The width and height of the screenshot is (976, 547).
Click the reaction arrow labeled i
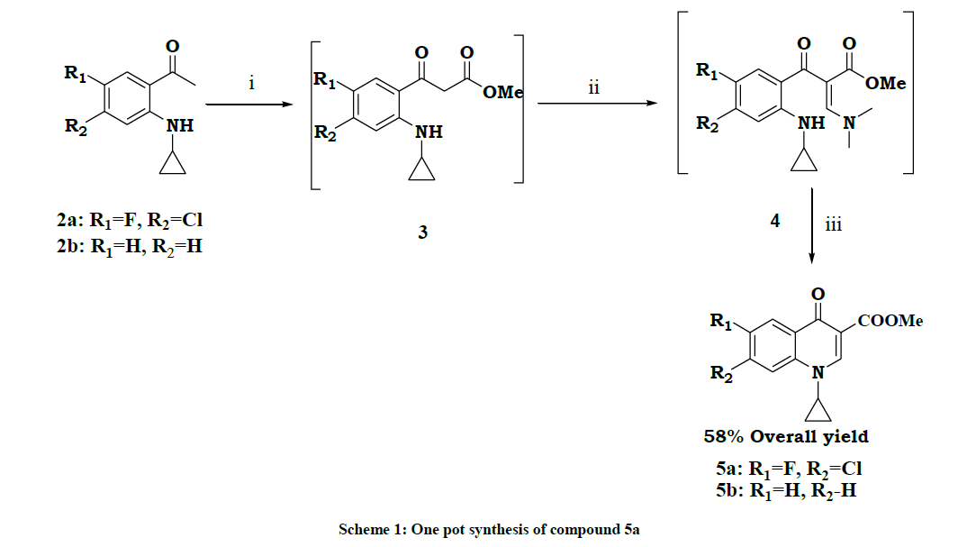click(249, 104)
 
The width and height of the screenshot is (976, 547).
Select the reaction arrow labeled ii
click(598, 103)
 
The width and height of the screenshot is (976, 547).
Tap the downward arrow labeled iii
click(811, 225)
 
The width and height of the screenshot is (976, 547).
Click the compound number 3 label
click(422, 232)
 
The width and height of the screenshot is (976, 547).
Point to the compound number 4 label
click(775, 221)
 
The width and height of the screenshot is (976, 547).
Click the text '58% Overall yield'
click(786, 436)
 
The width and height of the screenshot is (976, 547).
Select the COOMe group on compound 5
click(890, 320)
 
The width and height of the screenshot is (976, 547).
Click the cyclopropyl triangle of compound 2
click(173, 163)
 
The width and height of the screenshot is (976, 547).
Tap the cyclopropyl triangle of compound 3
click(422, 169)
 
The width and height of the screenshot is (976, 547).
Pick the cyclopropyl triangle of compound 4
click(804, 160)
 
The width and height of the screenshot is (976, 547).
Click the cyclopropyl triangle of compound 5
click(818, 410)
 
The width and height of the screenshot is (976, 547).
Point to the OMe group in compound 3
click(502, 92)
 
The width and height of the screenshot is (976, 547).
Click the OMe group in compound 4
click(885, 83)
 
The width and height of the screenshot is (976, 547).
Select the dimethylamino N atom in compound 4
click(849, 123)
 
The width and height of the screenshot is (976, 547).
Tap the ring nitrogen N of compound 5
click(818, 372)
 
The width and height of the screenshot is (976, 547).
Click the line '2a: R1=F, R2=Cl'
click(130, 221)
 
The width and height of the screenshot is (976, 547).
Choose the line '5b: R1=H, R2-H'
click(786, 491)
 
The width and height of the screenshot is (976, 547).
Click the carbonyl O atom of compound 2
click(172, 46)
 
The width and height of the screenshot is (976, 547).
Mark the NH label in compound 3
click(429, 132)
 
